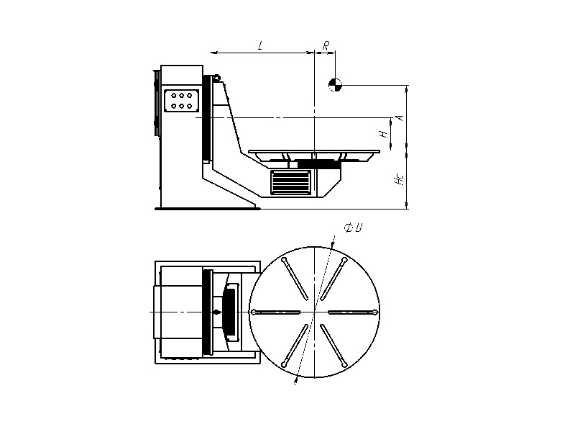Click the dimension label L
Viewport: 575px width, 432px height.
pyautogui.click(x=260, y=46)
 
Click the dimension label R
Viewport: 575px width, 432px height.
pyautogui.click(x=326, y=45)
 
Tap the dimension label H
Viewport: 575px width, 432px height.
pyautogui.click(x=384, y=134)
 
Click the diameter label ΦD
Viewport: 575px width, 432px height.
pyautogui.click(x=353, y=228)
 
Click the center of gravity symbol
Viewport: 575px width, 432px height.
pyautogui.click(x=335, y=85)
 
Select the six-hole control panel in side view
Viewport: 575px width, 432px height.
pyautogui.click(x=182, y=101)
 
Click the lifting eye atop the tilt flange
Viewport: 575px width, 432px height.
pyautogui.click(x=216, y=78)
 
